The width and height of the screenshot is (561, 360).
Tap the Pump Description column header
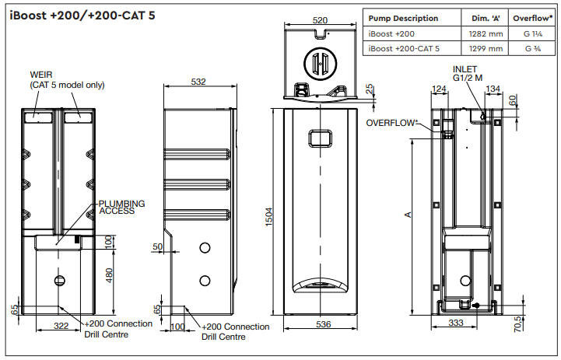pyautogui.click(x=402, y=19)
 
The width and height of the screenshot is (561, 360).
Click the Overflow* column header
pyautogui.click(x=532, y=19)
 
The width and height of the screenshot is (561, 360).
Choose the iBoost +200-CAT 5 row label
pyautogui.click(x=404, y=48)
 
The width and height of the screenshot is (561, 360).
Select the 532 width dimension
pyautogui.click(x=198, y=81)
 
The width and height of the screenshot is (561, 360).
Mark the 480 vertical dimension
pyautogui.click(x=109, y=275)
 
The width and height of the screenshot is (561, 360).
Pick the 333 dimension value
pyautogui.click(x=456, y=322)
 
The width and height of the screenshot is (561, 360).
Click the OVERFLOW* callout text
pyautogui.click(x=392, y=122)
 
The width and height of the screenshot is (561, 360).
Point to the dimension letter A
pyautogui.click(x=408, y=215)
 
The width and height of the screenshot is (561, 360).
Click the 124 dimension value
pyautogui.click(x=439, y=89)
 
